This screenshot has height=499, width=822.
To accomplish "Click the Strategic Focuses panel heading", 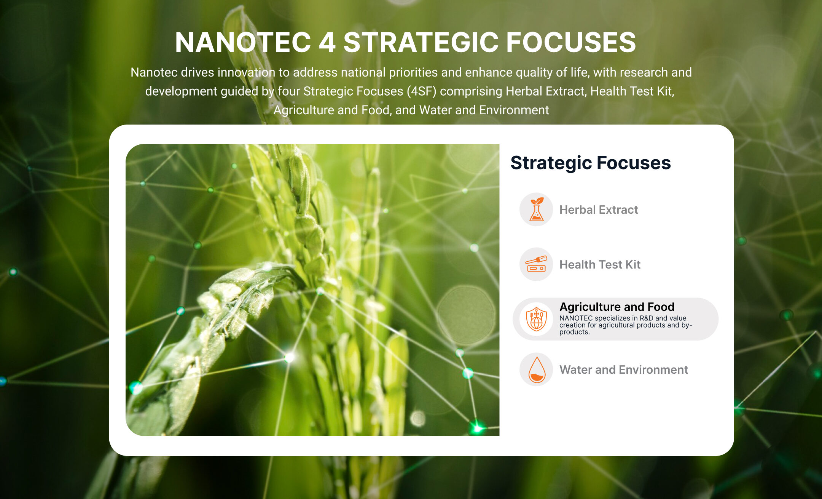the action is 591,163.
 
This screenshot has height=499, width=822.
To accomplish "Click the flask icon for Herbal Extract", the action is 536,210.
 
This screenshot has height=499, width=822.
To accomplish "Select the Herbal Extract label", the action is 599,210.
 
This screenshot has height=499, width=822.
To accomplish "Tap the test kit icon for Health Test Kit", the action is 536,264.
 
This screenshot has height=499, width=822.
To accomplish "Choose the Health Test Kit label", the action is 600,264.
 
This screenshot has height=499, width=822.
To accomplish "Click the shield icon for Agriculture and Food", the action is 536,319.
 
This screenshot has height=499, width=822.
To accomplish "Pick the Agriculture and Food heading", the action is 617,307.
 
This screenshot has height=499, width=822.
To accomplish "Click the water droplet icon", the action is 537,369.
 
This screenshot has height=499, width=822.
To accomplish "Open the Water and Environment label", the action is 624,369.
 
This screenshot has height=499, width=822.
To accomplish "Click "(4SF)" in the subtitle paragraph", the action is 421,91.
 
